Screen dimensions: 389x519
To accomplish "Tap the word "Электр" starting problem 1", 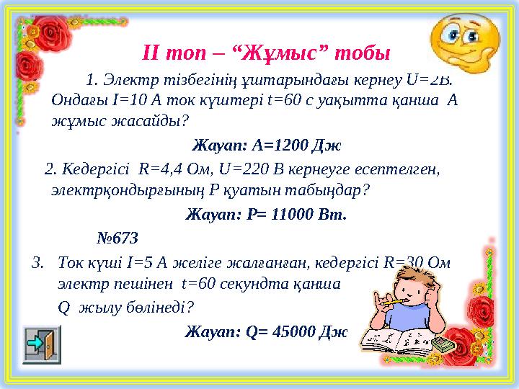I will point(125,78).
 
